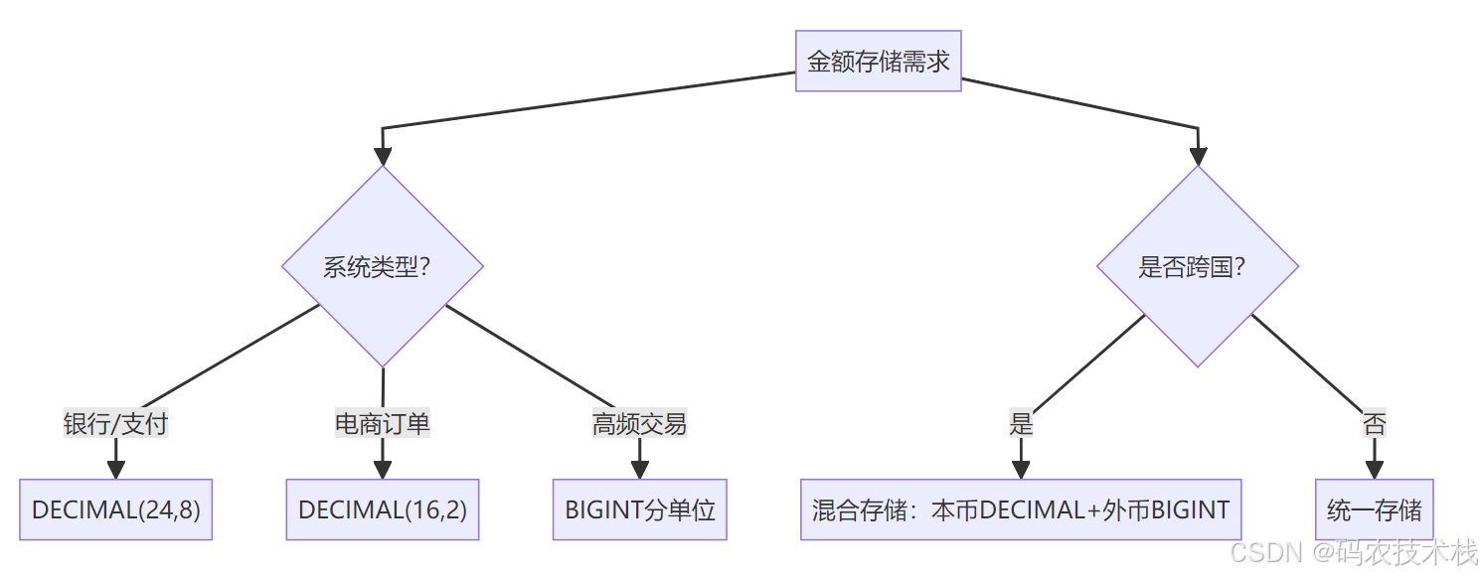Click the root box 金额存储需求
pos(878,61)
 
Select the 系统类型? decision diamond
pos(383,266)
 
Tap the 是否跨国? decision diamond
pos(1198,266)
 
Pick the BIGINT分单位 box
pos(640,509)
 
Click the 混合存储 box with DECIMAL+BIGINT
pos(1021,509)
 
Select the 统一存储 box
pos(1375,509)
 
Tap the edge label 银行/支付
pos(115,423)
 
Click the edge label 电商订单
pos(383,423)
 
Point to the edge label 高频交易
pos(640,423)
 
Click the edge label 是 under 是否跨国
pos(1021,423)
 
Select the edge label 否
pos(1375,423)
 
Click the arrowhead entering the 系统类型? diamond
pos(383,156)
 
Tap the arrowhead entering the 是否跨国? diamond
pos(1198,156)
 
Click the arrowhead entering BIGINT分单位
pos(640,470)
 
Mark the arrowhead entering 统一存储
pos(1375,470)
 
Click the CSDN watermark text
pos(1353,552)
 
